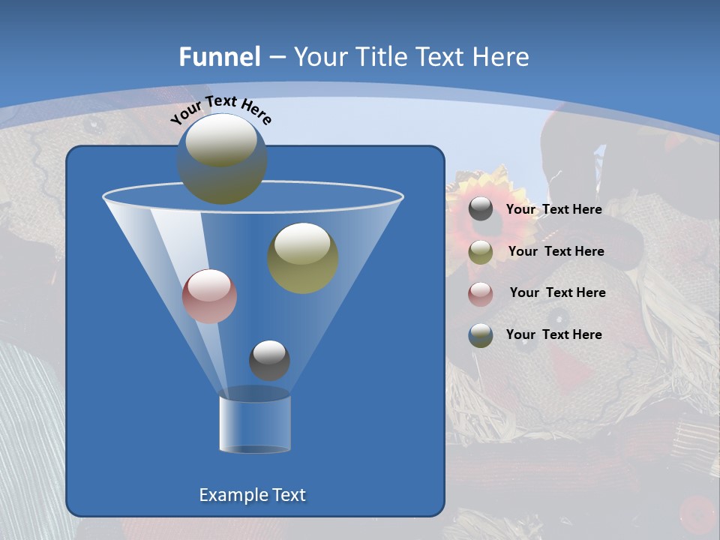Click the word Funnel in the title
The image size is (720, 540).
[x=220, y=56]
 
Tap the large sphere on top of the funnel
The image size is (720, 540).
[x=222, y=158]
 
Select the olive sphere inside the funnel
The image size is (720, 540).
[x=303, y=257]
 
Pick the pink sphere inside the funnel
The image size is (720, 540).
[x=210, y=295]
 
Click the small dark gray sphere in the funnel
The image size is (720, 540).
[x=269, y=360]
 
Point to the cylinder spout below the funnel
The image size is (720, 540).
[x=255, y=424]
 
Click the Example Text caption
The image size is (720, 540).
[x=253, y=495]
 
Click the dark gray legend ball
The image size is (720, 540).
[x=481, y=208]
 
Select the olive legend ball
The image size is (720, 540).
[x=481, y=251]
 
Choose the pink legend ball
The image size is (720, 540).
[x=481, y=293]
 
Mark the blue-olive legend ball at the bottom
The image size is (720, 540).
[x=481, y=334]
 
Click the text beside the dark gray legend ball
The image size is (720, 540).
[x=553, y=209]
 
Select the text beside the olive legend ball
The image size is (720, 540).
[x=556, y=251]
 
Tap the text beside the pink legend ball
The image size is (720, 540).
[x=557, y=292]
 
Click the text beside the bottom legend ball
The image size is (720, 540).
[x=553, y=334]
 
